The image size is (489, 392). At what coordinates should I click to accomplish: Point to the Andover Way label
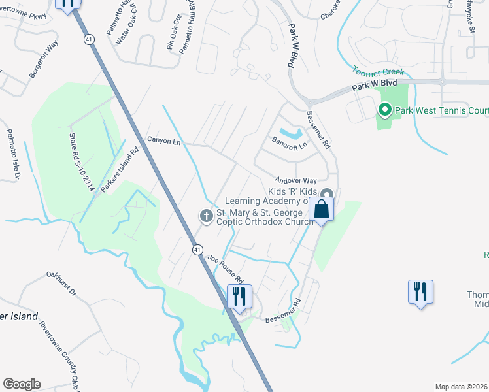tap(295, 180)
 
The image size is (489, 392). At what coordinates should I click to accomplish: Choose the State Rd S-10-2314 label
tap(82, 163)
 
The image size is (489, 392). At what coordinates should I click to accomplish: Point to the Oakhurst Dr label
tap(61, 283)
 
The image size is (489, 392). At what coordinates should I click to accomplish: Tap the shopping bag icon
tap(322, 210)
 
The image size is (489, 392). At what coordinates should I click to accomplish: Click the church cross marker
tap(206, 216)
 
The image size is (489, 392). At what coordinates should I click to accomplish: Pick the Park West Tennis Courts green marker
tap(384, 110)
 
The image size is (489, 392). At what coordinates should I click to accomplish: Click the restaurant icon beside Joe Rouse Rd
tap(238, 295)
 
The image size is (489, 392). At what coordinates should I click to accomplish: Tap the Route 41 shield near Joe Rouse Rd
tap(197, 249)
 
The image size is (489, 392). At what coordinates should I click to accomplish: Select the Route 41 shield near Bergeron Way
tap(88, 40)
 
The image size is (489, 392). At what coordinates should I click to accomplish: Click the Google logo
tap(22, 384)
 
